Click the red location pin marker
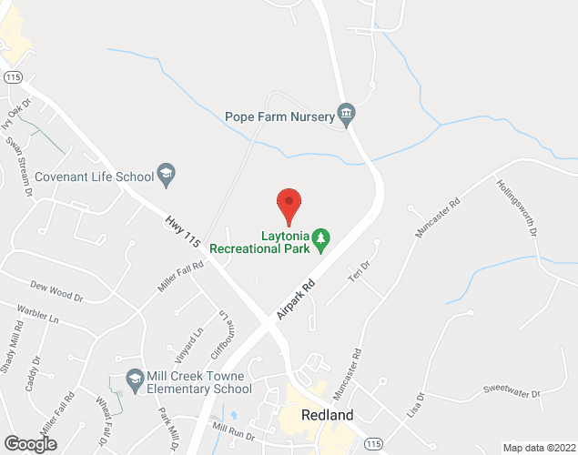pos(289,206)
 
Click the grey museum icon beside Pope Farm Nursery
pos(346,115)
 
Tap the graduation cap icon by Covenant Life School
pos(166,172)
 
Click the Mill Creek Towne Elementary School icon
pos(135,378)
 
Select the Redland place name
pos(329,416)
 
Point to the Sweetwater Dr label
pos(512,390)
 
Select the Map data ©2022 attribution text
pos(538,448)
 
